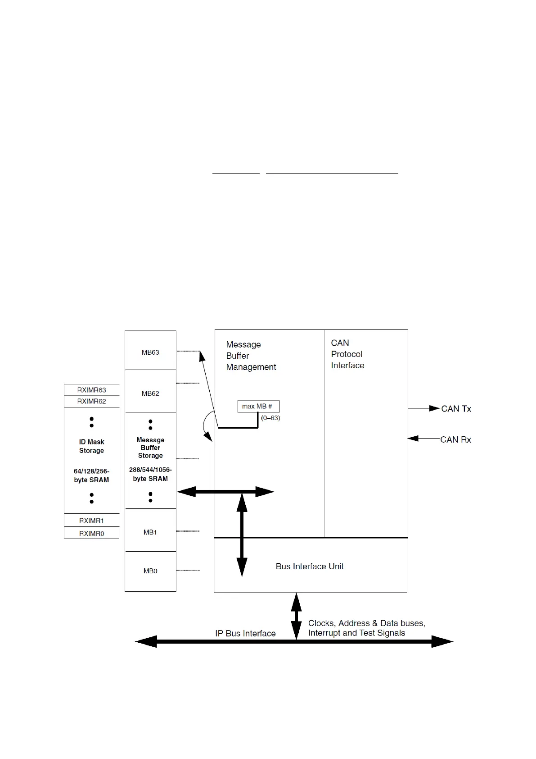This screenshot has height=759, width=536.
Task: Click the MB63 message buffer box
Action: coord(150,352)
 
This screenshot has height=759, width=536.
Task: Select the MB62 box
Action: coord(150,393)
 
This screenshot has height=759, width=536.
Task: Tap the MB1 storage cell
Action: coord(150,532)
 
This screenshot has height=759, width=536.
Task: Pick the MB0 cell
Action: coord(150,571)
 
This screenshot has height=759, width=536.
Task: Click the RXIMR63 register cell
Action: coord(91,390)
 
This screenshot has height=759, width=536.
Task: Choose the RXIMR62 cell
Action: coord(91,401)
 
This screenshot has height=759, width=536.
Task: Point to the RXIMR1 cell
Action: coord(91,521)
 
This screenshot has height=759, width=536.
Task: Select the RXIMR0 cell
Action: coord(91,533)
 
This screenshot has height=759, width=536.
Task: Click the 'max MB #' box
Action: coord(258,406)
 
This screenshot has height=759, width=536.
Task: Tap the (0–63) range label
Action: coord(270,418)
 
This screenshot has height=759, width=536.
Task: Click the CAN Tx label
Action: coord(456,409)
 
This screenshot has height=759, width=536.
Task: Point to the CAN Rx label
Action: coord(455,439)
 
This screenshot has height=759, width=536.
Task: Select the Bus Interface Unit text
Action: coord(310,566)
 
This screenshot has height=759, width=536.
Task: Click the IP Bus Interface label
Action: coord(245,633)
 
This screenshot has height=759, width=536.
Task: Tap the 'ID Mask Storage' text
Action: coord(91,446)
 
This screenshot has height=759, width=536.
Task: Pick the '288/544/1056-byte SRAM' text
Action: coord(150,474)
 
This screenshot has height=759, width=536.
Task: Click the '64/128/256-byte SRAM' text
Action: coord(91,476)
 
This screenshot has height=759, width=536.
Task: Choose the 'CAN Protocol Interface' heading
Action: coord(347,354)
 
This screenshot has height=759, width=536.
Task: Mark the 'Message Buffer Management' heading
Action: coord(251,356)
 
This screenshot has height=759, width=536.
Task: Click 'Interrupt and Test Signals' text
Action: coord(356,633)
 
